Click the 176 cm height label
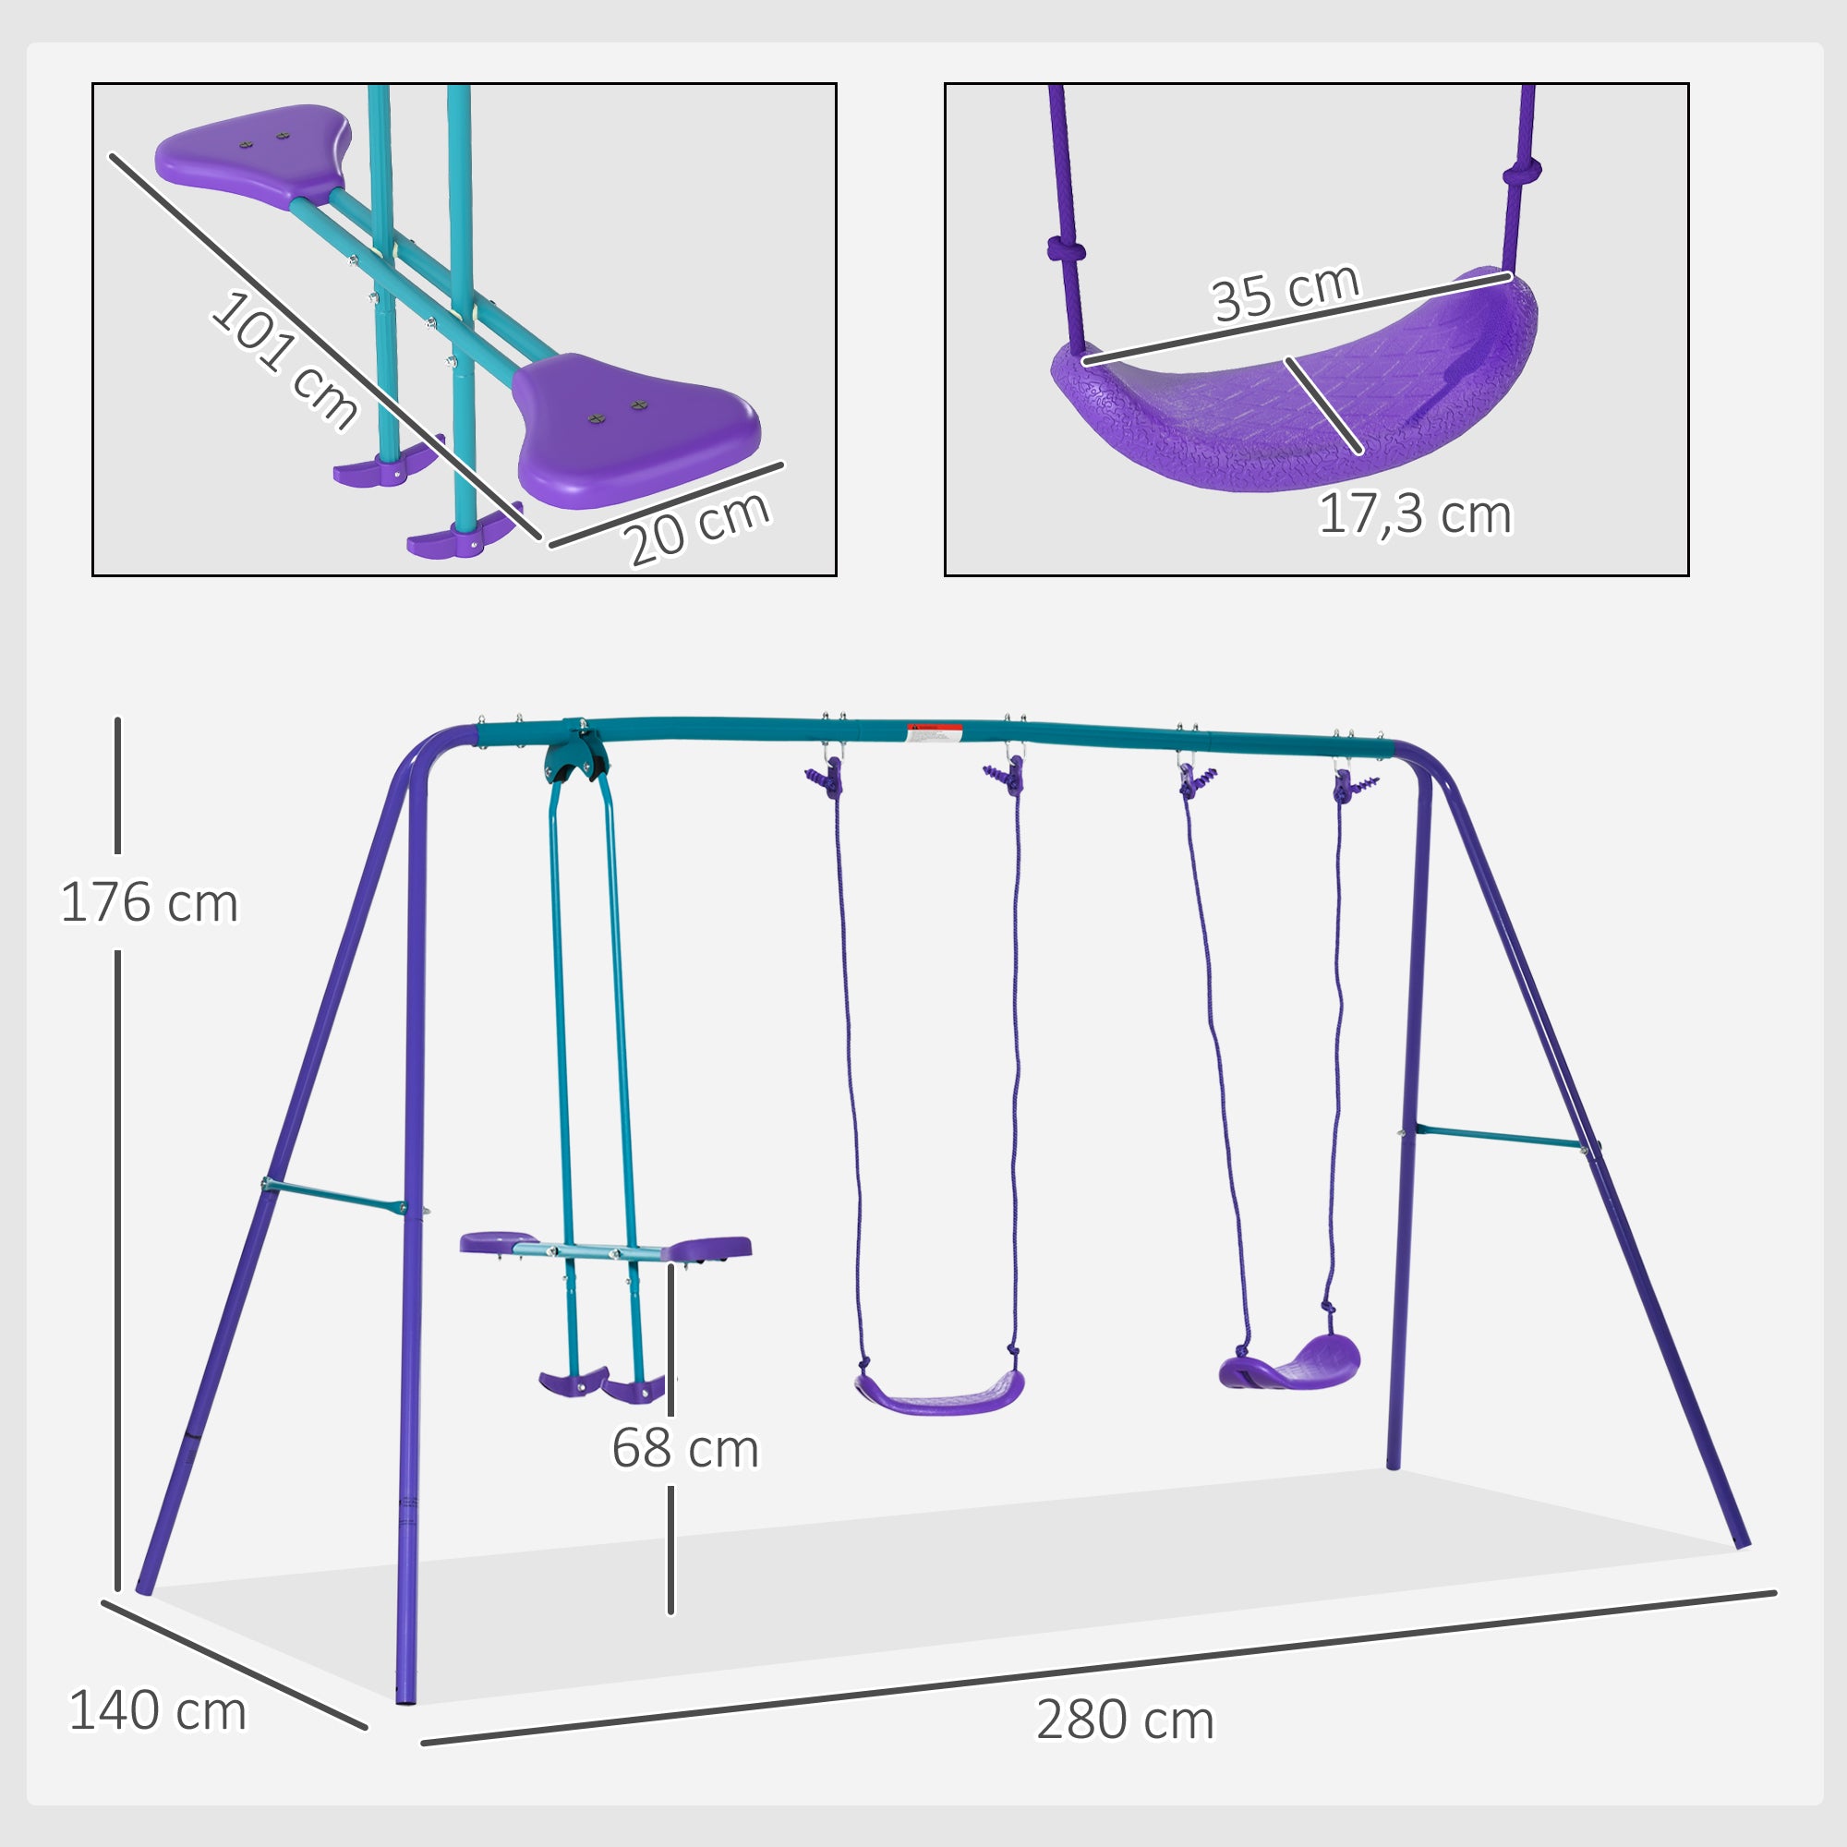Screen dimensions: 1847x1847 click(x=149, y=902)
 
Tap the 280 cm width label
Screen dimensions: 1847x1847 click(x=1124, y=1720)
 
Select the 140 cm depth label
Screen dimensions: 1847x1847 click(x=158, y=1710)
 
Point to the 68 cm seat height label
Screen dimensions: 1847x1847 click(x=684, y=1447)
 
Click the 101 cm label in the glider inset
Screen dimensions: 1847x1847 click(x=284, y=358)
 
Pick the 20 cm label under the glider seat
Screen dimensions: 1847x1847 click(x=697, y=526)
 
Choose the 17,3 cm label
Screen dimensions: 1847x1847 click(x=1414, y=514)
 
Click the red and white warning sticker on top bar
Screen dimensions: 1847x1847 click(x=934, y=733)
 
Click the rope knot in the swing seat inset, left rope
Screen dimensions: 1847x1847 click(x=1066, y=249)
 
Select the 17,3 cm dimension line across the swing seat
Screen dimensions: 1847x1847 click(x=1324, y=404)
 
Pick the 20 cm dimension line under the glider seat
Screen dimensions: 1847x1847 click(x=667, y=505)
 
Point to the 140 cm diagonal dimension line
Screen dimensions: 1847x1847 click(x=235, y=1664)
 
